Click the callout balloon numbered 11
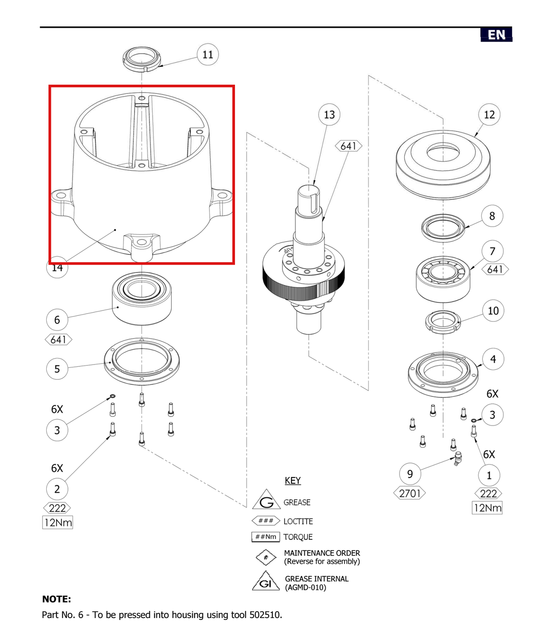208,55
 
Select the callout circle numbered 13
329,115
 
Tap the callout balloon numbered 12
489,115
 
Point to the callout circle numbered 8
492,216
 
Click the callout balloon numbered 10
493,311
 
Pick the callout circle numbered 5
57,369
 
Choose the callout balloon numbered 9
410,474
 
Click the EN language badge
496,35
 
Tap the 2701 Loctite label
410,494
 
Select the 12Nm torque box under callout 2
58,523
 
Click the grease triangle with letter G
266,500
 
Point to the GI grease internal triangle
266,581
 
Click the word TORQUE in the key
298,537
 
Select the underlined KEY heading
293,481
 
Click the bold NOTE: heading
57,599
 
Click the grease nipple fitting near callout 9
457,458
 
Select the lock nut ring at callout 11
142,59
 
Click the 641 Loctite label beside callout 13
348,146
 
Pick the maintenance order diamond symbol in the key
266,557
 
